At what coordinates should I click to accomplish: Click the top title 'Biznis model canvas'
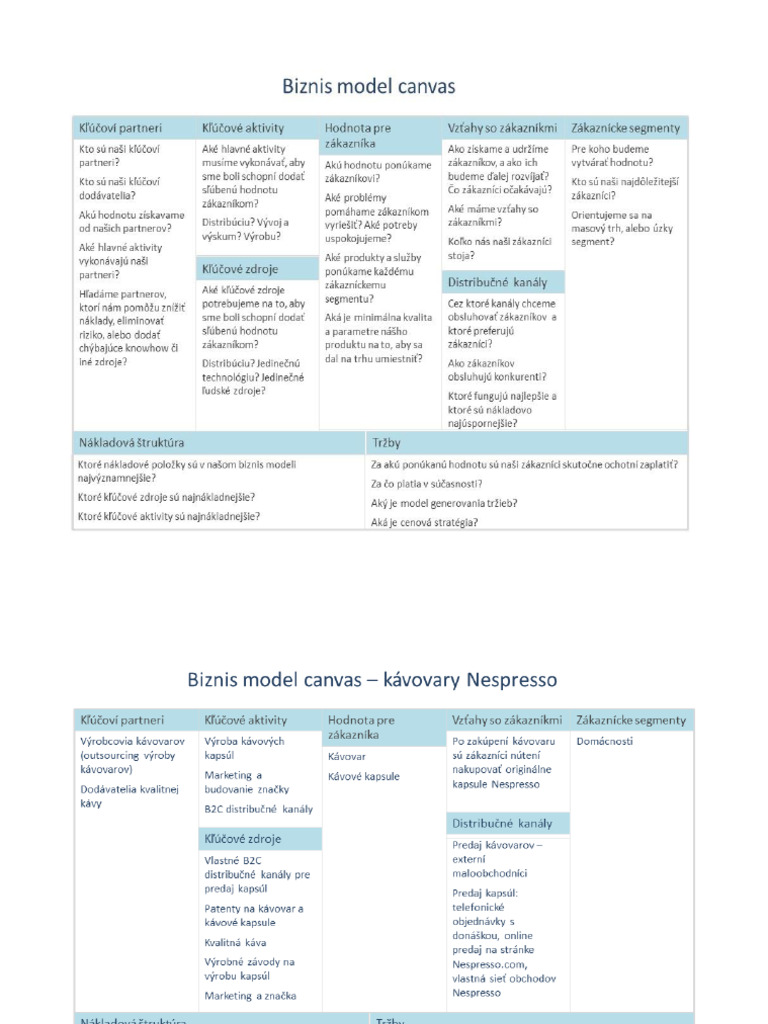point(370,86)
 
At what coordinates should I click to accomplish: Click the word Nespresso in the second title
point(510,680)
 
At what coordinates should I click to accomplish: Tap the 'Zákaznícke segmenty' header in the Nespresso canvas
point(631,720)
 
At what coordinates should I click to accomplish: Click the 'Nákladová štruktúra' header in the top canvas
point(131,441)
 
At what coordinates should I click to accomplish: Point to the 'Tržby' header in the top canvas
point(386,441)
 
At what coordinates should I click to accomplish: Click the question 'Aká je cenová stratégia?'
point(424,522)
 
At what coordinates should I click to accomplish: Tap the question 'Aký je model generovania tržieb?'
point(444,503)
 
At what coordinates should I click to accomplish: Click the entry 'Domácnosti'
point(604,742)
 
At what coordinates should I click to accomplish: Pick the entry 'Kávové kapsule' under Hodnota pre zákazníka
point(363,776)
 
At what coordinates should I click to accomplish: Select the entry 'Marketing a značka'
point(250,996)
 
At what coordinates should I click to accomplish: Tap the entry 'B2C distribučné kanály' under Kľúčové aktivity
point(258,809)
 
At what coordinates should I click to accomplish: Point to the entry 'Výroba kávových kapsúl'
point(245,749)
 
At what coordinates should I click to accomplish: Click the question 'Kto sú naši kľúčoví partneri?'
point(119,155)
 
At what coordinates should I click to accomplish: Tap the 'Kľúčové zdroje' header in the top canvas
point(240,269)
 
